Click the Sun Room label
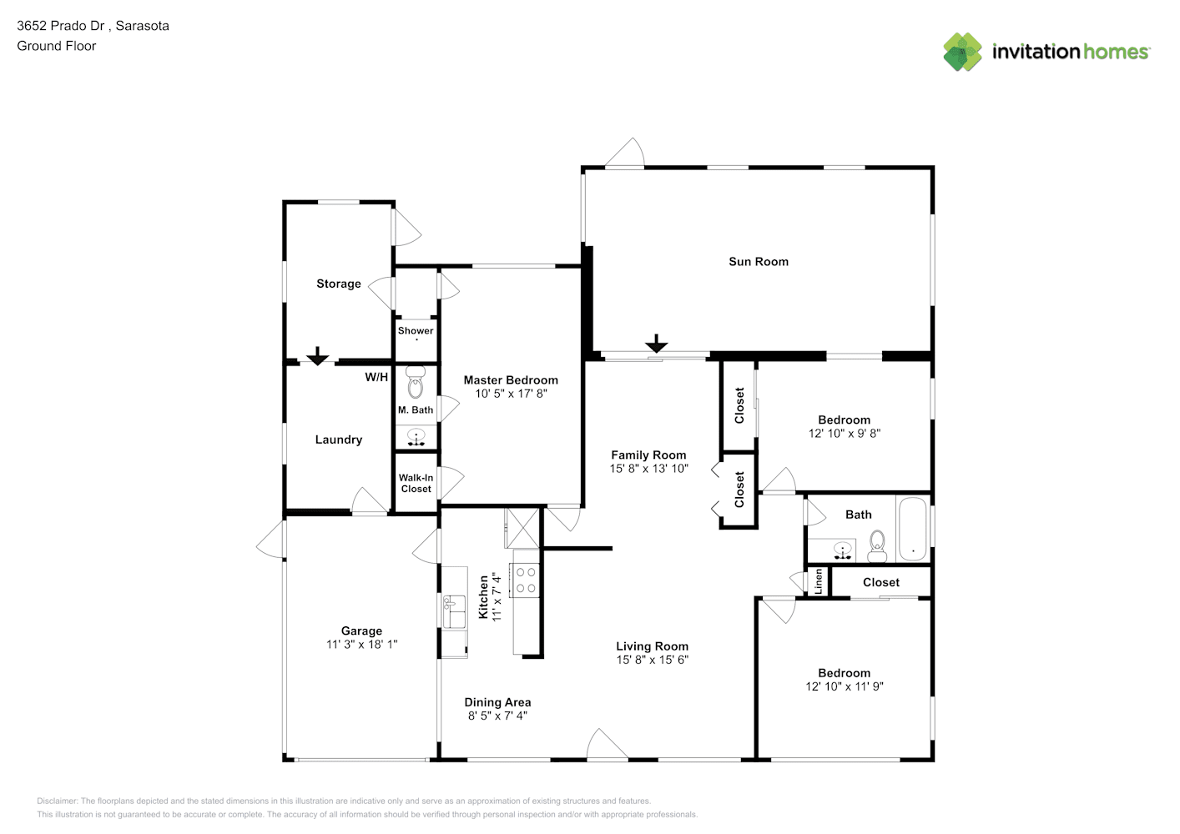(x=758, y=262)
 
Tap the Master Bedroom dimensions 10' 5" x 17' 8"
(x=511, y=394)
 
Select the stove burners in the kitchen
(x=525, y=580)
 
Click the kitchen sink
(x=454, y=612)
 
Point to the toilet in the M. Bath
(x=415, y=382)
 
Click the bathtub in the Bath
(x=912, y=529)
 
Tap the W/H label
(x=376, y=377)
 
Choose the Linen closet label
(x=818, y=581)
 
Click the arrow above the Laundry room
(x=317, y=356)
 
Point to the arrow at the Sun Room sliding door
(x=657, y=344)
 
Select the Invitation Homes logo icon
(x=962, y=52)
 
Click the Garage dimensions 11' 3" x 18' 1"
(x=361, y=644)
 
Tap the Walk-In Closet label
(x=416, y=484)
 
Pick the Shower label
(x=416, y=330)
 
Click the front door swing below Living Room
(x=607, y=743)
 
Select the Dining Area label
(x=497, y=702)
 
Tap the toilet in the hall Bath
(x=877, y=546)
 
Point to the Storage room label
(x=338, y=284)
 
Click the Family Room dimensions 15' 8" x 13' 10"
(x=649, y=469)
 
